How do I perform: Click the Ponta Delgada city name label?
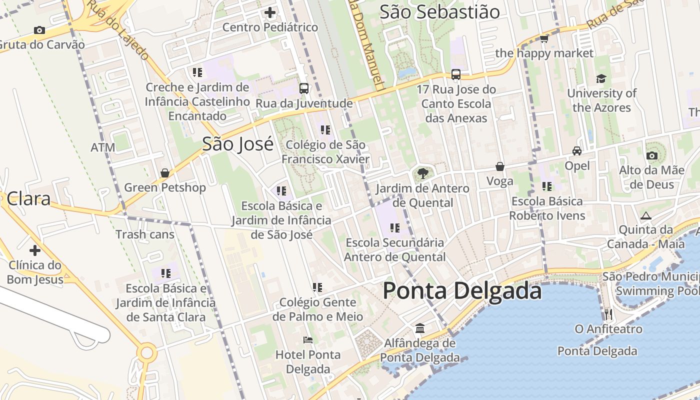(x=462, y=291)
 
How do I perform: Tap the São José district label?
(x=237, y=144)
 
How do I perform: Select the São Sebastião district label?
(x=439, y=12)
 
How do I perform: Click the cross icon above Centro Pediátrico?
(x=270, y=12)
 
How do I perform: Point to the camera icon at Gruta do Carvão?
(x=39, y=30)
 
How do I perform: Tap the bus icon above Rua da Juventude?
(x=304, y=88)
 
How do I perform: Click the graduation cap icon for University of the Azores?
(x=601, y=78)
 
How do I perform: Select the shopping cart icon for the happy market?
(x=544, y=38)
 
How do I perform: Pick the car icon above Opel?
(x=577, y=150)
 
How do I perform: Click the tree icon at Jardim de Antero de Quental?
(x=423, y=173)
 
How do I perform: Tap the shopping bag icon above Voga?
(x=499, y=166)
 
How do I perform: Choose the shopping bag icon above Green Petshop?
(x=165, y=173)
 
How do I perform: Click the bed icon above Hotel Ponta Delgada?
(x=308, y=340)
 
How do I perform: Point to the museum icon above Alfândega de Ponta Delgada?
(x=420, y=328)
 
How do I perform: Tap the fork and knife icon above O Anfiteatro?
(x=608, y=314)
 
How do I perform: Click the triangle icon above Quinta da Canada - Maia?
(x=645, y=216)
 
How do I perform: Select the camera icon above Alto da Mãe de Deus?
(x=651, y=155)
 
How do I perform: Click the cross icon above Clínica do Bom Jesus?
(x=35, y=250)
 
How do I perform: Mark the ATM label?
(x=103, y=147)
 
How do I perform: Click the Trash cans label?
(x=145, y=234)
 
